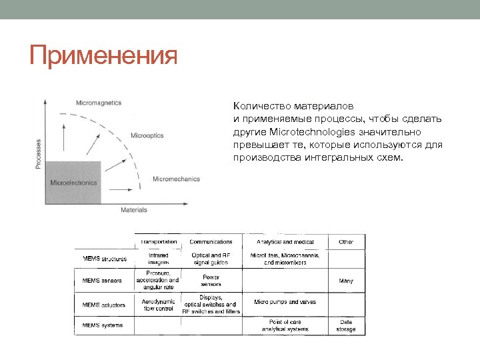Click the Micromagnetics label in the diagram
(x=99, y=103)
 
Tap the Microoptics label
(x=147, y=136)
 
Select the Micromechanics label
(x=176, y=179)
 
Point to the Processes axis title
(x=38, y=153)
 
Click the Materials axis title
(x=133, y=210)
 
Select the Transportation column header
(x=158, y=242)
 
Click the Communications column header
(x=211, y=242)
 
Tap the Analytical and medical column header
(x=285, y=242)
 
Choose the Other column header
(x=346, y=242)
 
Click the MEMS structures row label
(x=105, y=259)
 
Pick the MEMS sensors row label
(x=102, y=281)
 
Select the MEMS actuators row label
(x=103, y=305)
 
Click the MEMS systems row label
(x=102, y=325)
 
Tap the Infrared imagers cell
(x=158, y=259)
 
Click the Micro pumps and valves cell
(x=285, y=302)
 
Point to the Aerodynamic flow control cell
(x=158, y=305)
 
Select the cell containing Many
(x=346, y=281)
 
